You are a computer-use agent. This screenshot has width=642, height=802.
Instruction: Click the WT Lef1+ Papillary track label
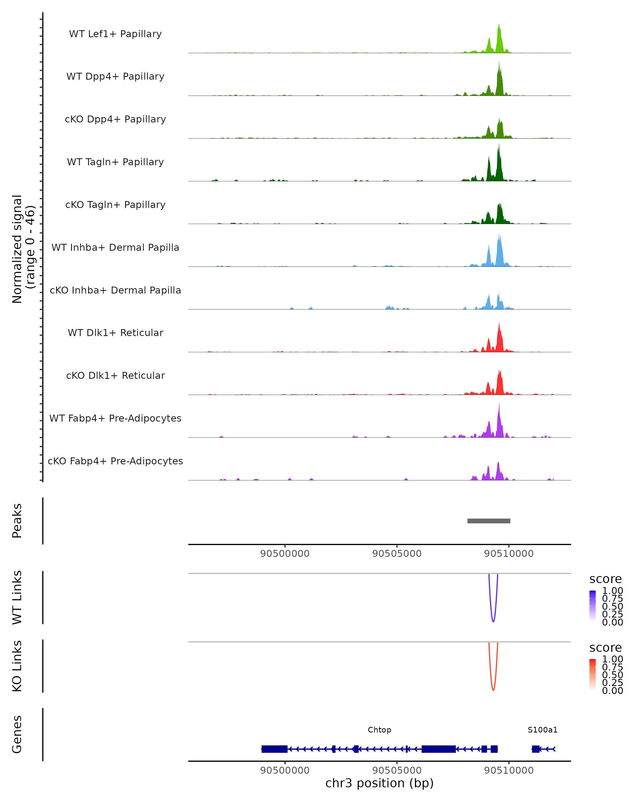tap(115, 34)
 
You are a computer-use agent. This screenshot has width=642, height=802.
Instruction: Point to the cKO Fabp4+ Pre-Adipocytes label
tap(115, 461)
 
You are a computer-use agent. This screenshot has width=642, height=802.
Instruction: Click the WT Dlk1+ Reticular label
tap(115, 333)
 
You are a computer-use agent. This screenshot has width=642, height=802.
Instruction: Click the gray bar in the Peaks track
tap(489, 521)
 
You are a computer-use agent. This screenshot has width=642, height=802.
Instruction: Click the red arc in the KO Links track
tap(493, 689)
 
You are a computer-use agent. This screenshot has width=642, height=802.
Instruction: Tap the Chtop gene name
tap(379, 730)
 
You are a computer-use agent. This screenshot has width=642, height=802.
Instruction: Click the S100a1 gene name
tap(542, 730)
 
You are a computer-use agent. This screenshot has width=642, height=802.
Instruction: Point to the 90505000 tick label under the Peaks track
tap(397, 554)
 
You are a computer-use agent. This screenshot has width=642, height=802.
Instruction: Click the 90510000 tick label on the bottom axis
tap(509, 770)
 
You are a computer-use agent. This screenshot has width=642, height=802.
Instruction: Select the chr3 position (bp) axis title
tap(379, 783)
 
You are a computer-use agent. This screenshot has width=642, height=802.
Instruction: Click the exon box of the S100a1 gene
tap(536, 749)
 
